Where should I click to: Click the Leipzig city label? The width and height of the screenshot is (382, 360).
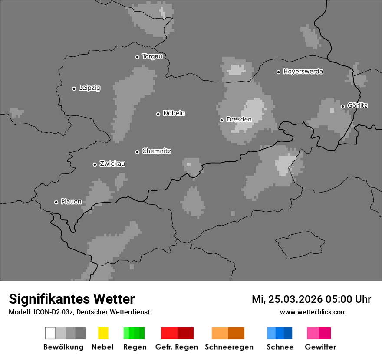tap(89, 88)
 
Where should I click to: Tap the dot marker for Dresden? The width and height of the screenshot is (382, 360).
tap(221, 120)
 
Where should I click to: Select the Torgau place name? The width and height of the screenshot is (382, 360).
tap(152, 56)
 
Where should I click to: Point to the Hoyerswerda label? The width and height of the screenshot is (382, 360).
tap(303, 72)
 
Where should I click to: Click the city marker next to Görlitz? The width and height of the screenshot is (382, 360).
tap(342, 106)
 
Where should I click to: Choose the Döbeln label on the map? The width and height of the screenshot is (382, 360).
tap(174, 113)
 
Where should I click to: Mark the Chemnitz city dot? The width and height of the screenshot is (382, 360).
tap(137, 152)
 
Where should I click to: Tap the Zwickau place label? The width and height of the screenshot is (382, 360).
tap(112, 164)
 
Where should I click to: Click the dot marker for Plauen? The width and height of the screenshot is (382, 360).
tap(56, 202)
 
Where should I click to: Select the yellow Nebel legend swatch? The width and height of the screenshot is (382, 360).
tap(103, 333)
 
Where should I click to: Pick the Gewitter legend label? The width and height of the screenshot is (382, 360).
tap(320, 347)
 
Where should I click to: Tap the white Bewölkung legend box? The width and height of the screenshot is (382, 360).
tap(50, 333)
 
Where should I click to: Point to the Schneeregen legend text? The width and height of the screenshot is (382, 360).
tap(229, 347)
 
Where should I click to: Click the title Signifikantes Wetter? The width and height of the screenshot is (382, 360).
tap(72, 299)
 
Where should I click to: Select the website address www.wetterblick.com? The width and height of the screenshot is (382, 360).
tap(313, 312)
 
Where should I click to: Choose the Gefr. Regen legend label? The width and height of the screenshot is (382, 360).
tap(177, 347)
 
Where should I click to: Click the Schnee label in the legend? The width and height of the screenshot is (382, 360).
tap(280, 347)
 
